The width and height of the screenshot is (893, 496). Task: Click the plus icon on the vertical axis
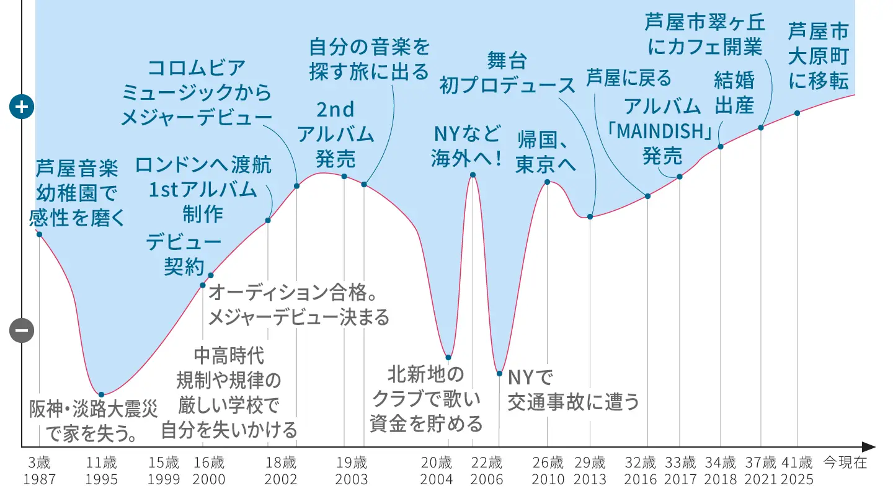22,107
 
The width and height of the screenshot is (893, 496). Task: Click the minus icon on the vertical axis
22,331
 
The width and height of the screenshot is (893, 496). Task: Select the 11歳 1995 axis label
102,471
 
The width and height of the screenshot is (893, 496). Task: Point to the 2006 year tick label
486,479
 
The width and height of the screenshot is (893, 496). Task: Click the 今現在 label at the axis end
845,463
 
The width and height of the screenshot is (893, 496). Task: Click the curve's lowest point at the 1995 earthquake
101,394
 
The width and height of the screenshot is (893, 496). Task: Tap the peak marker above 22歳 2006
473,175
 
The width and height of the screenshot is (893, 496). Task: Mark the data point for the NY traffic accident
499,373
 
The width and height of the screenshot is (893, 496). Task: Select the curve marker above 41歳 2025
797,113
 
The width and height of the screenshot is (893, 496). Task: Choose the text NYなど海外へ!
467,146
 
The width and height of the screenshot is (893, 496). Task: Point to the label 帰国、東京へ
546,153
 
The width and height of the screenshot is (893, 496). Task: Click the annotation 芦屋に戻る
629,78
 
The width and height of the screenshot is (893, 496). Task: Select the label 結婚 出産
734,92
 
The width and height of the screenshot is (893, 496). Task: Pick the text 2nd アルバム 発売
335,134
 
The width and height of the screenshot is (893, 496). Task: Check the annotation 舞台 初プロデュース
507,73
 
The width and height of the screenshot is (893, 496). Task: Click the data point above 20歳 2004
448,358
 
